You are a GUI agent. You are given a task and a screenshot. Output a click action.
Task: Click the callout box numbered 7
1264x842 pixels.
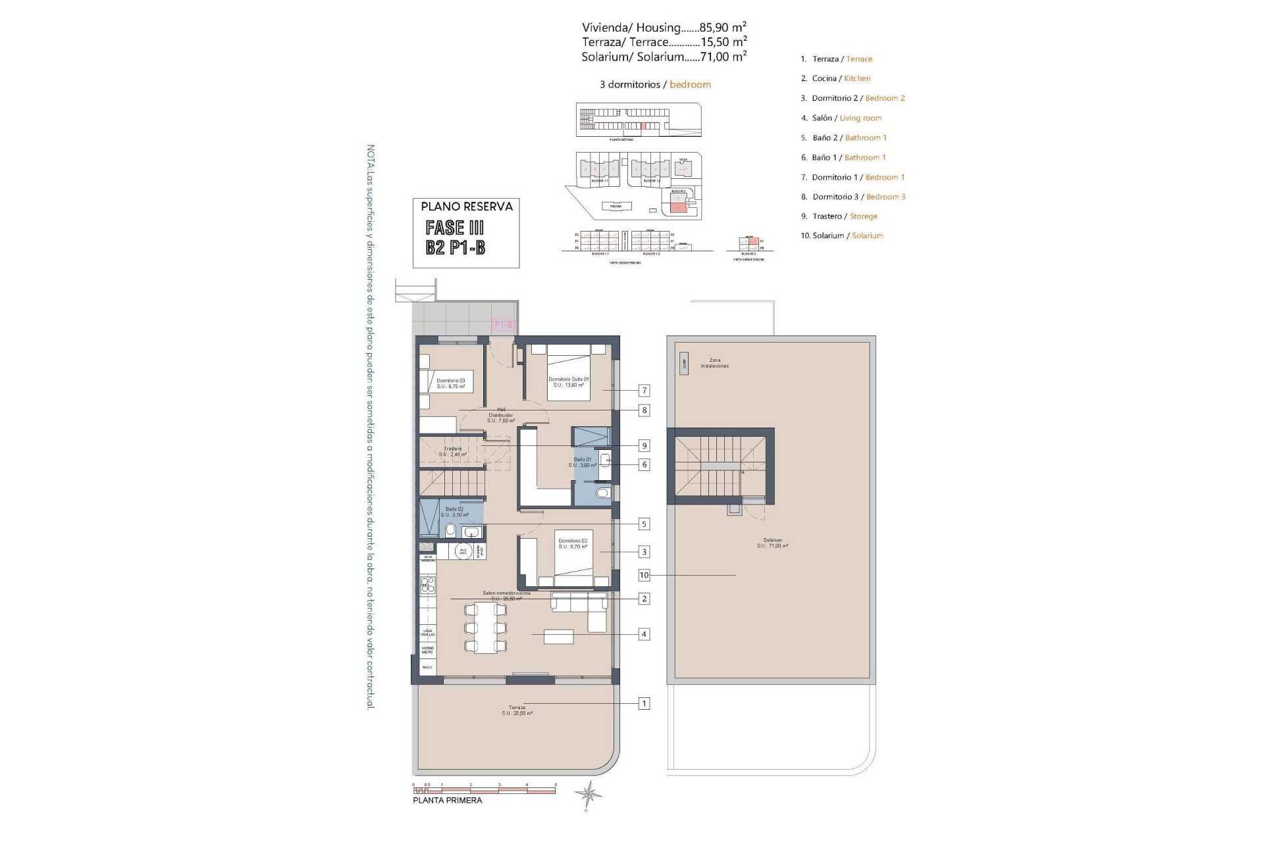click(x=644, y=391)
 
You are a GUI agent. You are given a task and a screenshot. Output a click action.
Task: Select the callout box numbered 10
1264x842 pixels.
click(x=644, y=575)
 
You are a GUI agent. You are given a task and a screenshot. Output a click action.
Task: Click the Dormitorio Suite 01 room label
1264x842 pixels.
click(x=568, y=382)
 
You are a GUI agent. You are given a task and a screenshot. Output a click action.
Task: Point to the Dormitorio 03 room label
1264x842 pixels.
click(x=450, y=384)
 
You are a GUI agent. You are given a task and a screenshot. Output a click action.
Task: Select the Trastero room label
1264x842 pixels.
click(x=452, y=451)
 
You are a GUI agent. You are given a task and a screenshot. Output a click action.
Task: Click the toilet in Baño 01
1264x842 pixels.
click(x=602, y=493)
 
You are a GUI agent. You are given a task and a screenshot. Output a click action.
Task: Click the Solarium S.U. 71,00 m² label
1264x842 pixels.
click(x=772, y=543)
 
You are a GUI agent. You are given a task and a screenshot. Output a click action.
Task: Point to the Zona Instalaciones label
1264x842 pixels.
click(x=714, y=363)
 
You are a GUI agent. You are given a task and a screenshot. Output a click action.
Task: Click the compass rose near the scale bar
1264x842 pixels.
click(x=587, y=795)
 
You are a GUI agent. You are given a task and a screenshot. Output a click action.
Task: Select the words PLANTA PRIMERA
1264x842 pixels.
click(x=447, y=801)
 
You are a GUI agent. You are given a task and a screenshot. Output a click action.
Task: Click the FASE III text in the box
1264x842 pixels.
click(x=455, y=228)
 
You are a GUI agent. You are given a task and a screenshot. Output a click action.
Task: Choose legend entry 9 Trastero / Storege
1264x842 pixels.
click(x=839, y=216)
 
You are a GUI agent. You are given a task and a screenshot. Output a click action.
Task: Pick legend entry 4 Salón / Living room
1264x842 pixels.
click(x=841, y=118)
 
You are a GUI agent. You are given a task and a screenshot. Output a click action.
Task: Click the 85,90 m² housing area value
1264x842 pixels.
click(x=723, y=27)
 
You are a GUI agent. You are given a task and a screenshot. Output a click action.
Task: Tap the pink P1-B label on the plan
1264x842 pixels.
click(x=503, y=325)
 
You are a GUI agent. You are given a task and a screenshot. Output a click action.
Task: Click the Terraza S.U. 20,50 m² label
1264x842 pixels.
click(x=517, y=710)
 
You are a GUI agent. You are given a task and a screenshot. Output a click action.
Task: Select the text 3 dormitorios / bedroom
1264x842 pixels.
click(x=655, y=84)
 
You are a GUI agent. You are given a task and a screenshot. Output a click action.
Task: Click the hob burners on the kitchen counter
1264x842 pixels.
click(x=428, y=584)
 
